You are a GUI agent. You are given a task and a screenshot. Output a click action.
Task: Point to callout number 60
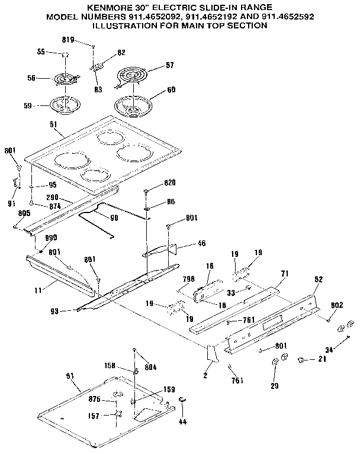click(171, 91)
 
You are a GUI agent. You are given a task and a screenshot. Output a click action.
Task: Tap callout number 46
click(201, 243)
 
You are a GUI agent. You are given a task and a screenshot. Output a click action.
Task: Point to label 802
click(336, 304)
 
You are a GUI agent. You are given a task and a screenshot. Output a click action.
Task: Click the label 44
click(182, 421)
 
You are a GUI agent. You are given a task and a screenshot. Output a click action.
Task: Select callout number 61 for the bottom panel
click(70, 376)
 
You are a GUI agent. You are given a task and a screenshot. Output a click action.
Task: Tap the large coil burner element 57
click(133, 76)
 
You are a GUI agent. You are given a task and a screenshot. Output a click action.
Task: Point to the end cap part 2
click(210, 355)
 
